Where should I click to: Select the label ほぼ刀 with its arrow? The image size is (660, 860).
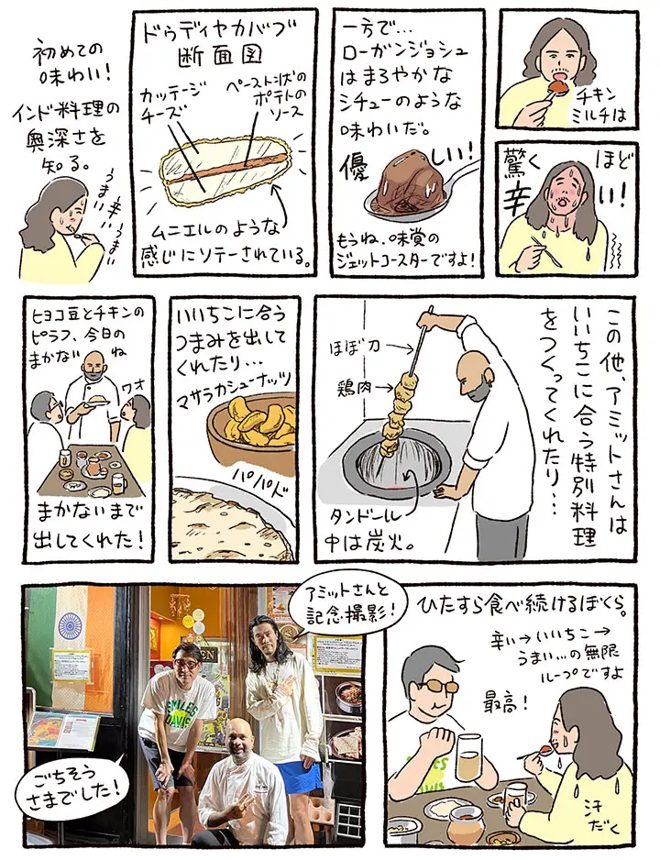pos(355,347)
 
